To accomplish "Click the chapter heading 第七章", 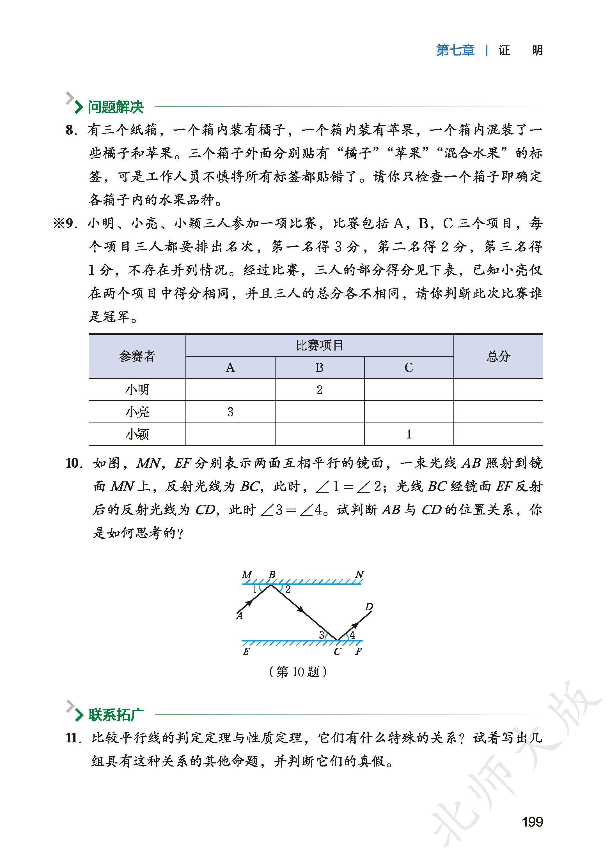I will pos(455,50).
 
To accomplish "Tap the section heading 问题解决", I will pos(116,107).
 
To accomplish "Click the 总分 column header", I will pos(498,356).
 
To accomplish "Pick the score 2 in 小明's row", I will pos(319,390).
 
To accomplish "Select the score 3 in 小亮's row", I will pos(230,412).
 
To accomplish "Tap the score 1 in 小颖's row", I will pos(409,434).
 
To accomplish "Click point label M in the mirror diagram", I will pos(246,575).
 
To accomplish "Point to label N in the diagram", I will pos(359,575).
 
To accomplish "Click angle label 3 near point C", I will pos(322,635).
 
